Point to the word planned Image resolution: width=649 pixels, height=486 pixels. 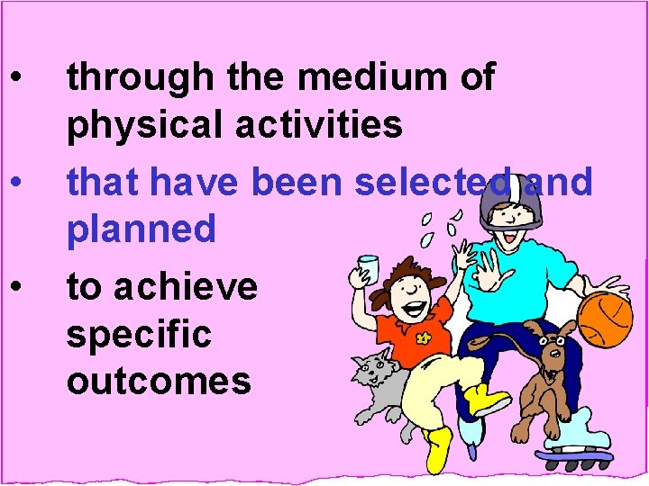[142, 229]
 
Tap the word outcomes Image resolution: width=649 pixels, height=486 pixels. [158, 381]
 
